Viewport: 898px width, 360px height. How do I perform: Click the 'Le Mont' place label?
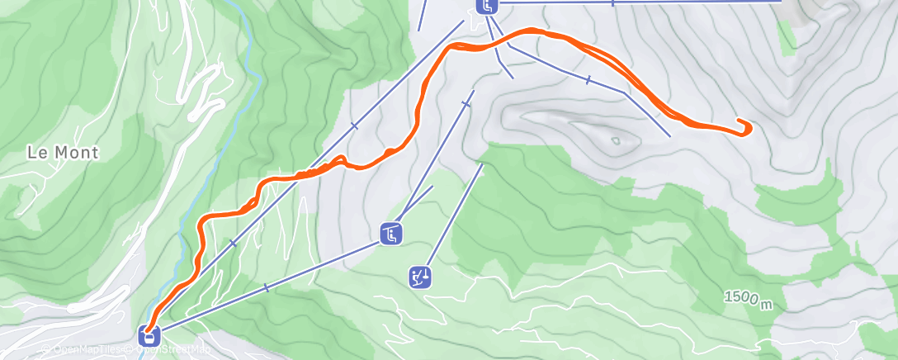63,153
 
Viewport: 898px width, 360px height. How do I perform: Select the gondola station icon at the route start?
149,335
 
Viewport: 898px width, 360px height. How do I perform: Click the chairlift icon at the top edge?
487,6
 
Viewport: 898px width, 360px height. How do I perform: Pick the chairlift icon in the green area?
391,234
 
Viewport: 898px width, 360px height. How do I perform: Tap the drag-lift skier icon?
420,276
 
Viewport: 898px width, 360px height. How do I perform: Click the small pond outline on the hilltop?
616,141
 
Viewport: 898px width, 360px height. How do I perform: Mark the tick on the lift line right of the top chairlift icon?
612,3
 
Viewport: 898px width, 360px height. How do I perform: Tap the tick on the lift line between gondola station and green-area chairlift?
266,287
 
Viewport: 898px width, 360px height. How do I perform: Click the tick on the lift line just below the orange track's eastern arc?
588,80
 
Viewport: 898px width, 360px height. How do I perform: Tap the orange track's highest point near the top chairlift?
528,31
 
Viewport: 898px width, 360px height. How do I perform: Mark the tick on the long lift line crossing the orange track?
354,126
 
